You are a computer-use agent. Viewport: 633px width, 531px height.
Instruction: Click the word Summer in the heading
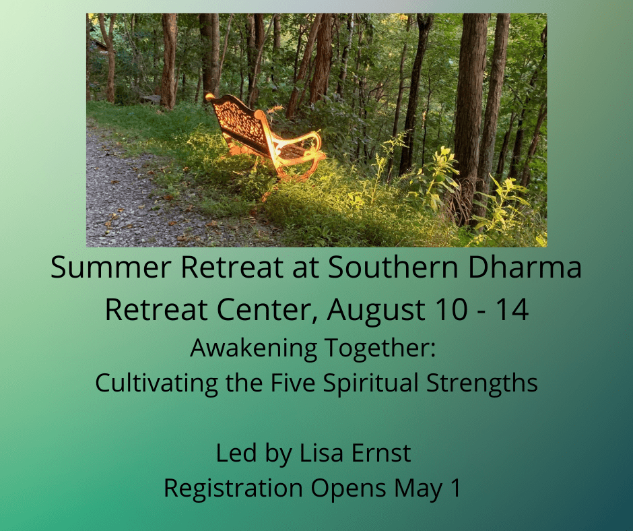[x=111, y=267]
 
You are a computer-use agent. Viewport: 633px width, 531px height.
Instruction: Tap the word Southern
[x=393, y=267]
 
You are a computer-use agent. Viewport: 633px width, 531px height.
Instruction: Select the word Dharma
[x=525, y=267]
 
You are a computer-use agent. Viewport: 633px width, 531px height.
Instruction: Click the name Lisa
[x=322, y=453]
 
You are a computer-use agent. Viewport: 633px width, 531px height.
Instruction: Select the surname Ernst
[x=382, y=453]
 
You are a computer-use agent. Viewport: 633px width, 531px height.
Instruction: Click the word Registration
[x=234, y=488]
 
